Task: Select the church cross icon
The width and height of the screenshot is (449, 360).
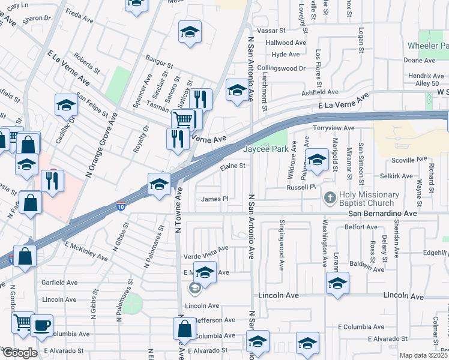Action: [330, 197]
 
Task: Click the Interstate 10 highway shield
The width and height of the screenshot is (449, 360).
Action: [121, 208]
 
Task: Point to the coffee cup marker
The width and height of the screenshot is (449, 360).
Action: [41, 325]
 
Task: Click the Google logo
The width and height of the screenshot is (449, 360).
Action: [19, 353]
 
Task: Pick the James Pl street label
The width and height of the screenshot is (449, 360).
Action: [215, 199]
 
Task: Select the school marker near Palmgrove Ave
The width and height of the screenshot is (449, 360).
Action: [316, 160]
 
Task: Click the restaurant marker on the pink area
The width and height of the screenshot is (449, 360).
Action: [52, 179]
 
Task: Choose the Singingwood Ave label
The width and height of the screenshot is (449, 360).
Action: [282, 244]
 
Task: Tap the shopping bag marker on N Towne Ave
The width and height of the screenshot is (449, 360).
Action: [184, 328]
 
